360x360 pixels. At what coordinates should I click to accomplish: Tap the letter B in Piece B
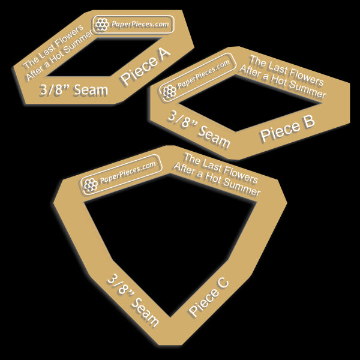[309, 121]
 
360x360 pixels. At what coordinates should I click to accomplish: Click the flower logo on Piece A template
[102, 25]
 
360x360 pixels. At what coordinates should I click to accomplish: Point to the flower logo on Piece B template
[169, 92]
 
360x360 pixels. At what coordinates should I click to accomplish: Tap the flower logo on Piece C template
[90, 185]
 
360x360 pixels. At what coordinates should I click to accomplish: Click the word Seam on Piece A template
[91, 90]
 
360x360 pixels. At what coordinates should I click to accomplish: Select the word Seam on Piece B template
[214, 137]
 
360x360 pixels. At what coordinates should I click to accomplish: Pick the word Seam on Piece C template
[145, 311]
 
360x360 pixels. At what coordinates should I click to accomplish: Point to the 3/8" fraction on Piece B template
[182, 120]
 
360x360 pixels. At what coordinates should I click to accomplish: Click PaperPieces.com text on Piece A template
[140, 24]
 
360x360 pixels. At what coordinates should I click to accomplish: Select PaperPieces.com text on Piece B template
[203, 74]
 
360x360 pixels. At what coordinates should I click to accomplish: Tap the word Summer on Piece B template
[308, 91]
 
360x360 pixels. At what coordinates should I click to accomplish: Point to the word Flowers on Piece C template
[241, 175]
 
